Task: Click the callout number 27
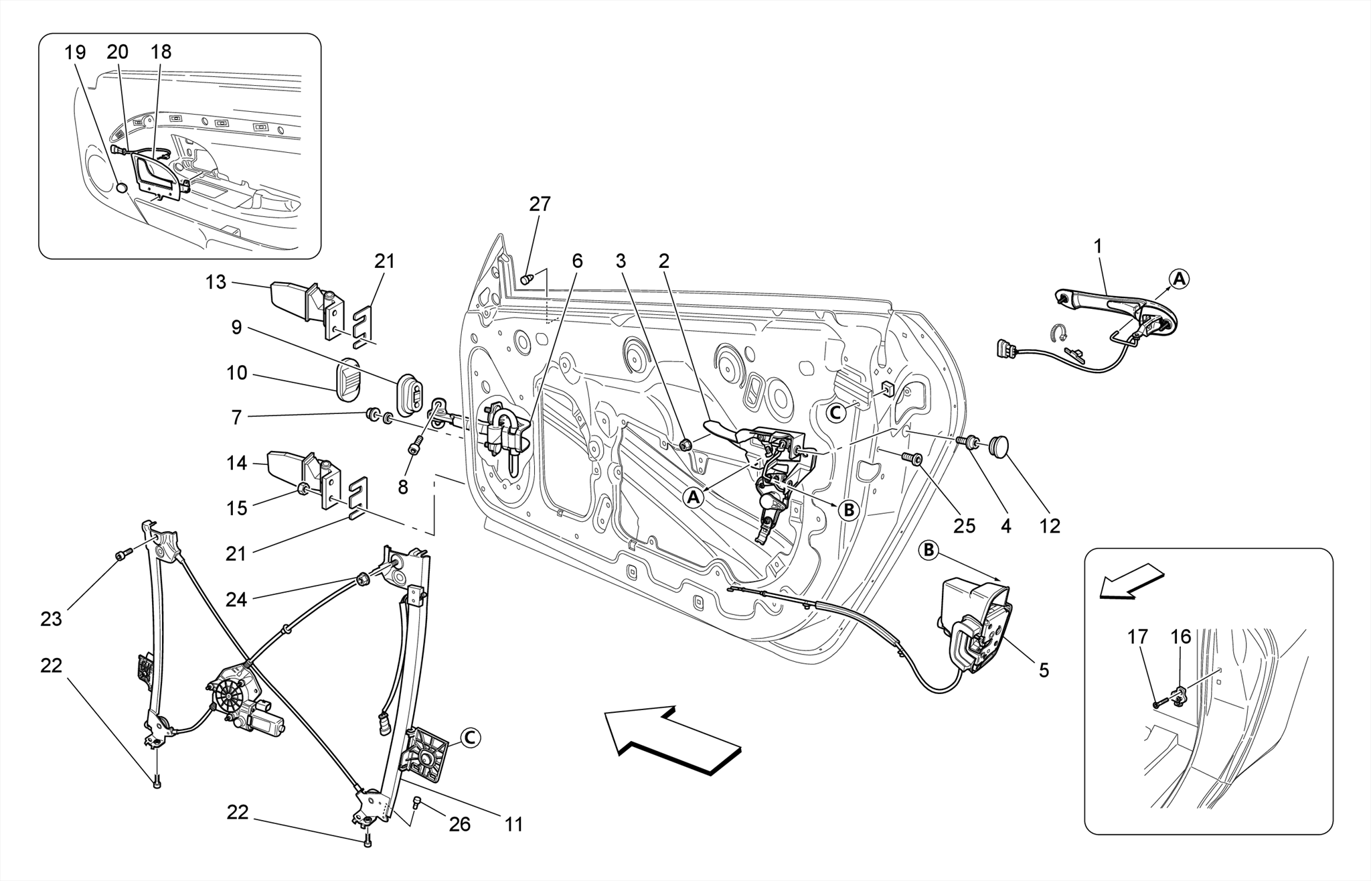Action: pyautogui.click(x=540, y=204)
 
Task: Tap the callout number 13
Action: pyautogui.click(x=216, y=282)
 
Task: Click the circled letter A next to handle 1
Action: pyautogui.click(x=1179, y=278)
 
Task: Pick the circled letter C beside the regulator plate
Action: pyautogui.click(x=470, y=738)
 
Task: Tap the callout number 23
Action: pyautogui.click(x=51, y=618)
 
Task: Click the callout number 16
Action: pyautogui.click(x=1181, y=636)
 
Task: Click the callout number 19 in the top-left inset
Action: pyautogui.click(x=76, y=52)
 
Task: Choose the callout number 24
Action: pyautogui.click(x=236, y=600)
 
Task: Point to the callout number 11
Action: pyautogui.click(x=513, y=824)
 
